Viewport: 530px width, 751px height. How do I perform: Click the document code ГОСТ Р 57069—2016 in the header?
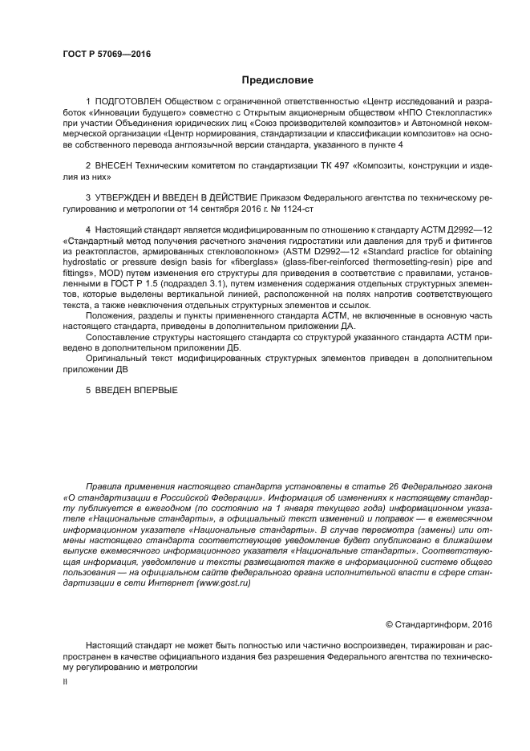tap(106, 55)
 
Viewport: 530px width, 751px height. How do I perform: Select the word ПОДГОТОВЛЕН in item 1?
tap(129, 103)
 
